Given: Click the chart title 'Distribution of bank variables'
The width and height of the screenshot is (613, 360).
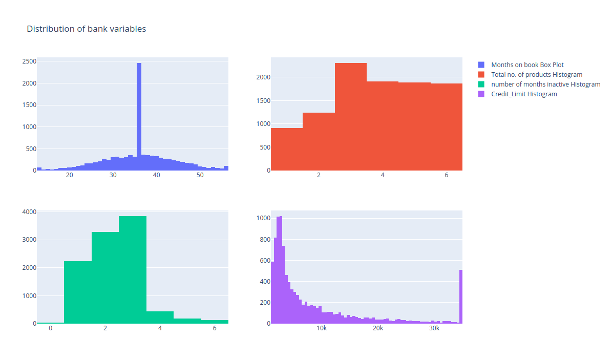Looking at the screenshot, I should (x=86, y=29).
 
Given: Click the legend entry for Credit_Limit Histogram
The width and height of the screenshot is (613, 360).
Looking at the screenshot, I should (x=524, y=94).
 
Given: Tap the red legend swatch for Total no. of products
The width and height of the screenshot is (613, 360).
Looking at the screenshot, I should (x=481, y=75).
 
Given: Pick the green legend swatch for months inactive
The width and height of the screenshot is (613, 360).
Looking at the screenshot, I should (x=481, y=84).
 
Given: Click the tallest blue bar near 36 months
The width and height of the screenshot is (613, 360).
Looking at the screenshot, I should (x=139, y=118).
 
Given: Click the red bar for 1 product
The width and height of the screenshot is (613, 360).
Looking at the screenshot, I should (x=286, y=149).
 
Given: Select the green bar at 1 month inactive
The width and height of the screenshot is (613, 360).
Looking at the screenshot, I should (x=78, y=292).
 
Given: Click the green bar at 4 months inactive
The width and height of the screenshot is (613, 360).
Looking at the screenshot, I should (x=160, y=317).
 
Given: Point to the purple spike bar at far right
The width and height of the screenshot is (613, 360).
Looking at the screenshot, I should (x=461, y=297).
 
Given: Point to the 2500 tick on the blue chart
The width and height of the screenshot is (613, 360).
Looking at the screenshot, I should (x=29, y=61).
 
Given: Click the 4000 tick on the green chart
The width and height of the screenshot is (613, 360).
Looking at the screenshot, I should (x=29, y=211).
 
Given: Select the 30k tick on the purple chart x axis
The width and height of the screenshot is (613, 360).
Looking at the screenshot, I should (x=434, y=329).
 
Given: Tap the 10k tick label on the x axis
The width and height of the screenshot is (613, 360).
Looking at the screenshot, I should (x=322, y=329).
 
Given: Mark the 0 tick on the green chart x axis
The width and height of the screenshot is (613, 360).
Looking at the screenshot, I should (x=50, y=329).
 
